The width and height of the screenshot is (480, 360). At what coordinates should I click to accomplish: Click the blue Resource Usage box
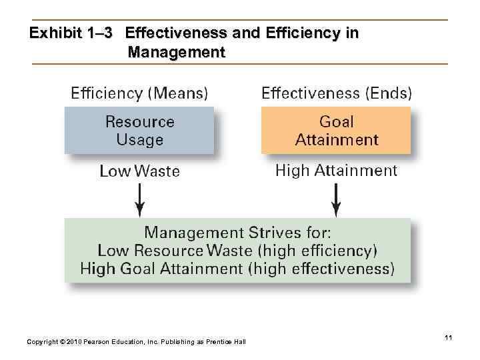[139, 131]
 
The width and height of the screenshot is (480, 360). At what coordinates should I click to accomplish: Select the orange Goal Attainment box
[336, 131]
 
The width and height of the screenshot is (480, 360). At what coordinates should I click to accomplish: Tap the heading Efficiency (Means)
[139, 93]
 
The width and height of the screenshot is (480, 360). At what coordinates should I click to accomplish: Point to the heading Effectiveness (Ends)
[336, 93]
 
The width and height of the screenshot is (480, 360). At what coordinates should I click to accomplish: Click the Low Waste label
[139, 171]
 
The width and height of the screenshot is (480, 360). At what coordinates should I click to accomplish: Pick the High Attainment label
[336, 171]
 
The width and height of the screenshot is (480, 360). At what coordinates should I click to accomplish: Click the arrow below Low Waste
[139, 199]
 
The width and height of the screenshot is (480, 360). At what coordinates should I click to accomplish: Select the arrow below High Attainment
[336, 199]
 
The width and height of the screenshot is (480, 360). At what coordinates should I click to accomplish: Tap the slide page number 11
[448, 339]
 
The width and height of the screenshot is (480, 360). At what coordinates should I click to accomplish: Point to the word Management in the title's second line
[177, 51]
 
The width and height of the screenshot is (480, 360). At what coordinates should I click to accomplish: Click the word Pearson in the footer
[96, 342]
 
